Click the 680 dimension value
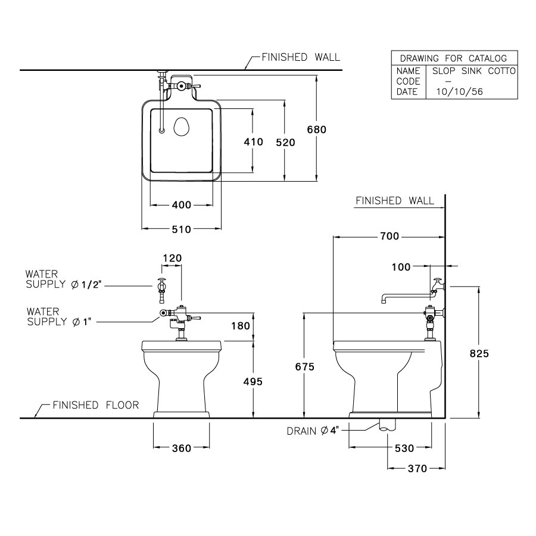(x=317, y=129)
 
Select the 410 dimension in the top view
(x=253, y=142)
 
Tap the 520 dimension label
(x=286, y=142)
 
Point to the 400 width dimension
(x=181, y=205)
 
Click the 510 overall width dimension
(x=181, y=229)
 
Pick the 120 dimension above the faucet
(x=172, y=258)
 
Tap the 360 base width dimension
(x=182, y=448)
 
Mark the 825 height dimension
(x=479, y=353)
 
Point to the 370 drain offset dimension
(x=417, y=469)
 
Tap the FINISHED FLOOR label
(x=95, y=406)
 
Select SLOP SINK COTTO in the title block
(x=473, y=71)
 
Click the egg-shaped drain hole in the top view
(x=182, y=127)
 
